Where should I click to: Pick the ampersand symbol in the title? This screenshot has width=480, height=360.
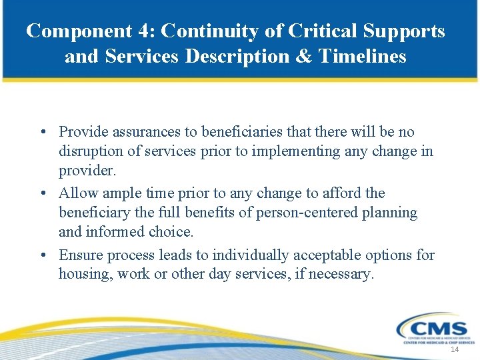tap(303, 57)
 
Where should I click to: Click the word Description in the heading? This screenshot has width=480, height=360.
tap(239, 57)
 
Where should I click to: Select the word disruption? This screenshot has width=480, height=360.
tap(91, 151)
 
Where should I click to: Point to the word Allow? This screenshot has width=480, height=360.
tap(77, 193)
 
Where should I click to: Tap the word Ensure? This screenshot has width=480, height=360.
tap(80, 255)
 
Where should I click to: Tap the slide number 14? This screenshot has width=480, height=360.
tap(455, 350)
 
